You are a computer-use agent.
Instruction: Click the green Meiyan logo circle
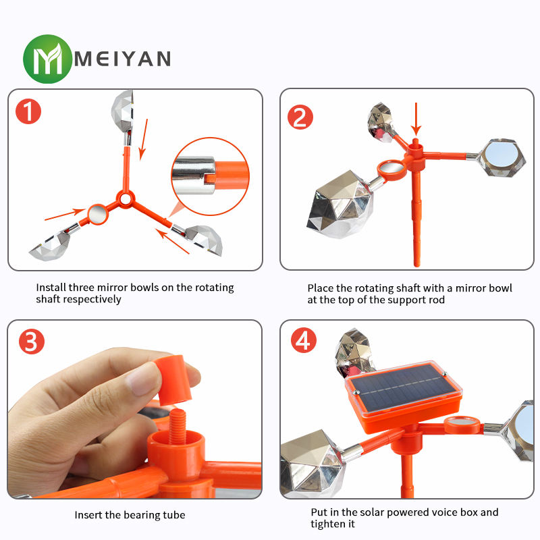(x=47, y=59)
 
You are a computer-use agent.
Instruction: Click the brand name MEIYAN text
(x=123, y=59)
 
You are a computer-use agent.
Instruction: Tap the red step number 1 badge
(x=28, y=111)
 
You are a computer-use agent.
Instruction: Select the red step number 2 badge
(x=300, y=117)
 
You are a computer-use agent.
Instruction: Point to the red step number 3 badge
(x=32, y=342)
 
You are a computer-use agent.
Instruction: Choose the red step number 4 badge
(x=304, y=340)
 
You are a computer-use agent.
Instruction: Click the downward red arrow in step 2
(x=416, y=119)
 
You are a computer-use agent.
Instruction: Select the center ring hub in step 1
(x=126, y=199)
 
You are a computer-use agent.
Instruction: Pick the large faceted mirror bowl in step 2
(x=340, y=205)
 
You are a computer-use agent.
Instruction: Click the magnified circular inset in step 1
(x=210, y=176)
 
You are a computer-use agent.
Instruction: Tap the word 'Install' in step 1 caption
(x=51, y=288)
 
